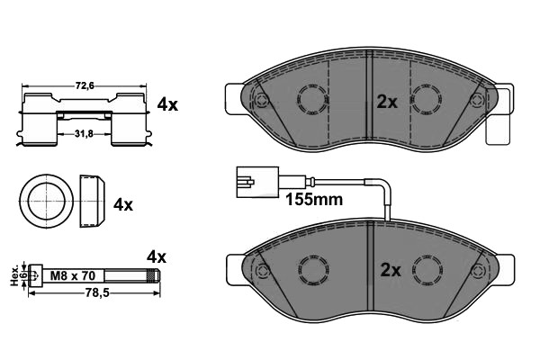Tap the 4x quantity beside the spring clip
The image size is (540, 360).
click(x=167, y=104)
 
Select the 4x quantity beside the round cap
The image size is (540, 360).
click(x=122, y=204)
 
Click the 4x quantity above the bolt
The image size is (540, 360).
click(x=156, y=257)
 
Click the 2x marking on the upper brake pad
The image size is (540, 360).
click(x=386, y=102)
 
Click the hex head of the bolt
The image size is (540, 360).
click(x=33, y=274)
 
